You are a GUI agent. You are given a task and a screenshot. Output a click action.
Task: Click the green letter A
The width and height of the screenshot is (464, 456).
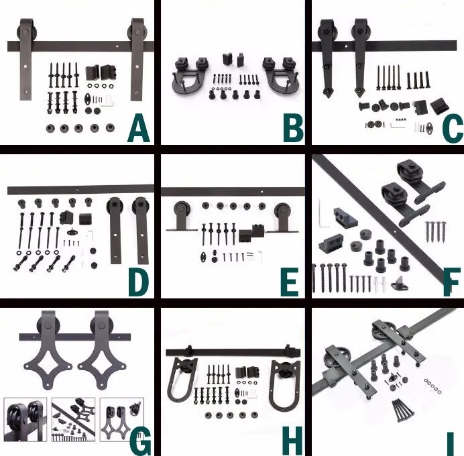point(139,129)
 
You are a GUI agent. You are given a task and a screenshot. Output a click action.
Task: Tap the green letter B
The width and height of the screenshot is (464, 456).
point(293,129)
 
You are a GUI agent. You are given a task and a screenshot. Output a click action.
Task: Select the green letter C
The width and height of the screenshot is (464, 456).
point(453,129)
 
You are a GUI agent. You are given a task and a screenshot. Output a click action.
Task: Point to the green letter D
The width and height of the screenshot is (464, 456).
point(139,283)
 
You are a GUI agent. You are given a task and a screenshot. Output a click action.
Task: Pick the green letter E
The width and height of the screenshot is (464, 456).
point(290,283)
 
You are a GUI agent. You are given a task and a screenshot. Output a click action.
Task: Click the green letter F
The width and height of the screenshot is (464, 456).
point(451,282)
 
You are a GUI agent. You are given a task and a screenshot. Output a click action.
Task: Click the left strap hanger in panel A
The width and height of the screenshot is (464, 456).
point(25,60)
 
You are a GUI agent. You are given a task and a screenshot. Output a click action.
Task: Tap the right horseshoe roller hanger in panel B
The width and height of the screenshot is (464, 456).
point(280,76)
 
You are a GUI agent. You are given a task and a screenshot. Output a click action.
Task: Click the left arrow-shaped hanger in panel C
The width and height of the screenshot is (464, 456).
point(327,57)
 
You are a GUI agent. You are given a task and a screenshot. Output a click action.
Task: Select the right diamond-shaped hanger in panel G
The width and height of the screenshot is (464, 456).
point(101,349)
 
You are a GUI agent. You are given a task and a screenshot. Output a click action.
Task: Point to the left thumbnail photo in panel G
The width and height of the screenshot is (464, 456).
point(25,420)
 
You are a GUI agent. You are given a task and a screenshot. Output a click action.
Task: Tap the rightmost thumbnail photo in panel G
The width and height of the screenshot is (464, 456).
point(122,420)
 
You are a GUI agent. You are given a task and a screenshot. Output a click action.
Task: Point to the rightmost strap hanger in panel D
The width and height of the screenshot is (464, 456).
point(141,230)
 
